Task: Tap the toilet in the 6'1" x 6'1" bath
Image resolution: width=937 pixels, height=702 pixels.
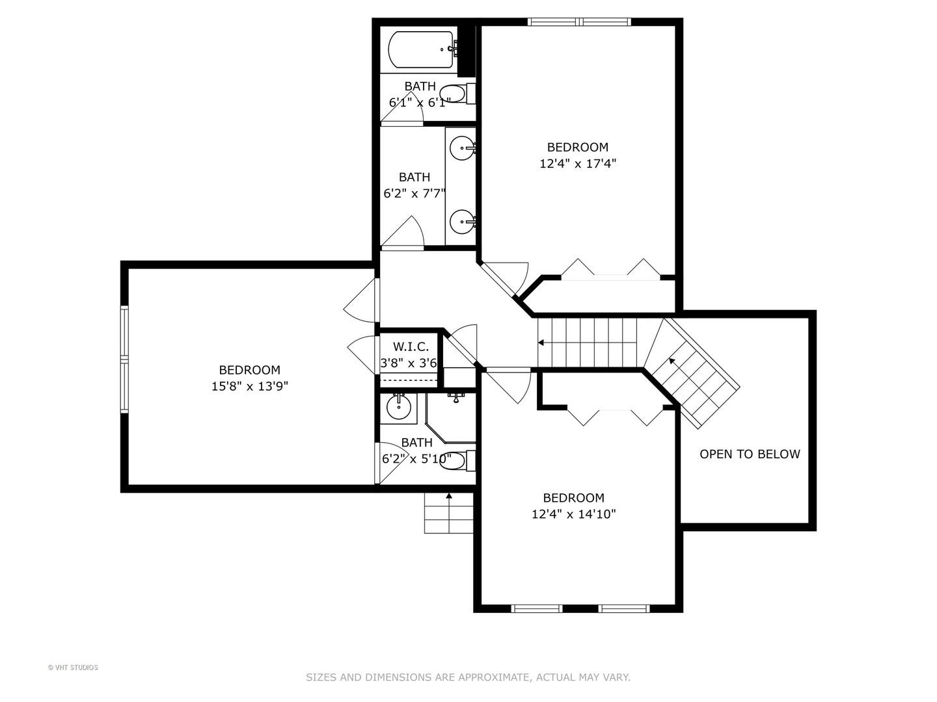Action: click(x=455, y=94)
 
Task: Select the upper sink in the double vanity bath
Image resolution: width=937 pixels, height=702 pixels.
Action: click(x=462, y=148)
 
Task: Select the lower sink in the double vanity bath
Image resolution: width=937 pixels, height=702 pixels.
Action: click(x=462, y=222)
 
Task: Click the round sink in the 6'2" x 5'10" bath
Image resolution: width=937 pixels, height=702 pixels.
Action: click(x=398, y=408)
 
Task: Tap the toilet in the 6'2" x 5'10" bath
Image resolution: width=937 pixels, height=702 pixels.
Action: click(x=457, y=460)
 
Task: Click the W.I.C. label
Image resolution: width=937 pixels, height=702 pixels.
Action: click(x=411, y=347)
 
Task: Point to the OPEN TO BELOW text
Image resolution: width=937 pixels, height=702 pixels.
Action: click(x=750, y=454)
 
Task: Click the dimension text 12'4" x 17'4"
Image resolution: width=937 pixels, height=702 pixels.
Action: click(x=577, y=164)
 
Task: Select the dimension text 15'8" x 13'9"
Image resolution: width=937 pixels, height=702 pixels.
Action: click(x=249, y=386)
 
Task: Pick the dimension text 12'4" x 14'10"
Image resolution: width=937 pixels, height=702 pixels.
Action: click(x=573, y=514)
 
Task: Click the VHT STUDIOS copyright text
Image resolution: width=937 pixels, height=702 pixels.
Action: click(x=73, y=667)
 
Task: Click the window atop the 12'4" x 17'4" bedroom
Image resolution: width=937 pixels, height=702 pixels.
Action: click(x=579, y=22)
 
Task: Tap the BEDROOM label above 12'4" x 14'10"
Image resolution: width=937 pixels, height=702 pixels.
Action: click(x=573, y=498)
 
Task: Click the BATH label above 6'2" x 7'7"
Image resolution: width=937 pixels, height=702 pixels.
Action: click(x=414, y=177)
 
